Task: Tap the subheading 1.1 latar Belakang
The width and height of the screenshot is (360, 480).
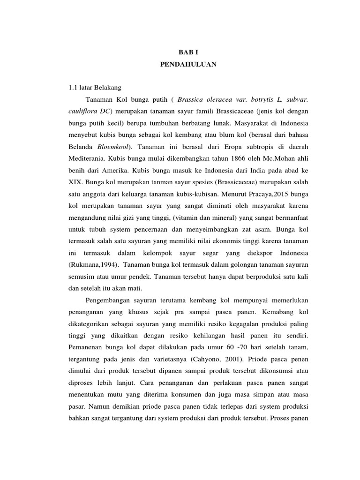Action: (x=95, y=88)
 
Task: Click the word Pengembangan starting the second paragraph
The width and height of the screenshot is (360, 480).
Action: (x=110, y=300)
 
